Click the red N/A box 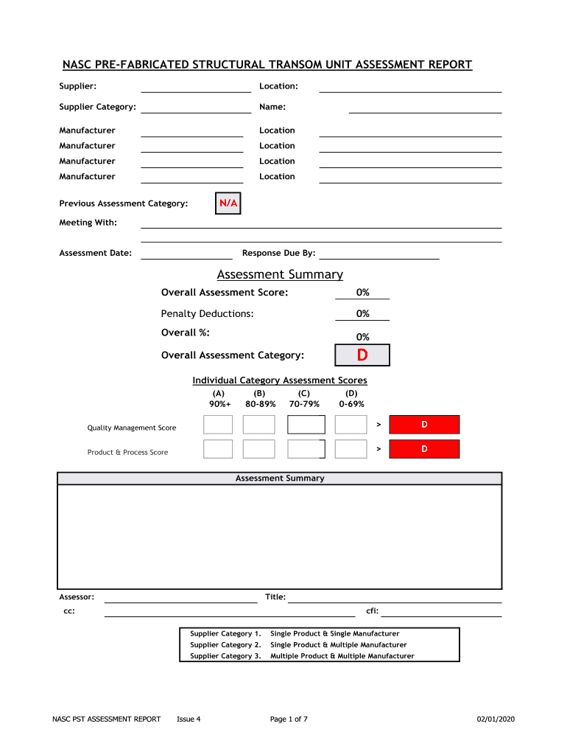[x=228, y=203]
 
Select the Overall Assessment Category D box [x=362, y=355]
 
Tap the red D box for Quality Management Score [x=424, y=425]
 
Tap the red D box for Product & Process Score [x=424, y=449]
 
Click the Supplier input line [x=195, y=88]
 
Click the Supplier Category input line [x=195, y=108]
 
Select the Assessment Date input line [x=186, y=254]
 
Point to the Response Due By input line [x=378, y=254]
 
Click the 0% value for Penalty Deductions [x=362, y=314]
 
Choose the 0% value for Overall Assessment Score [x=362, y=293]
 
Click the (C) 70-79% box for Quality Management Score [x=306, y=425]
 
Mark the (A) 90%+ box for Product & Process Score [x=218, y=449]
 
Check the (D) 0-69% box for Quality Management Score [x=351, y=425]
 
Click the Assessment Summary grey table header [x=280, y=479]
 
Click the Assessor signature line [x=180, y=598]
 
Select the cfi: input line [x=441, y=612]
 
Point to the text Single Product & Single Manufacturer [x=335, y=634]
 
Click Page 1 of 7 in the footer [x=289, y=720]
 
